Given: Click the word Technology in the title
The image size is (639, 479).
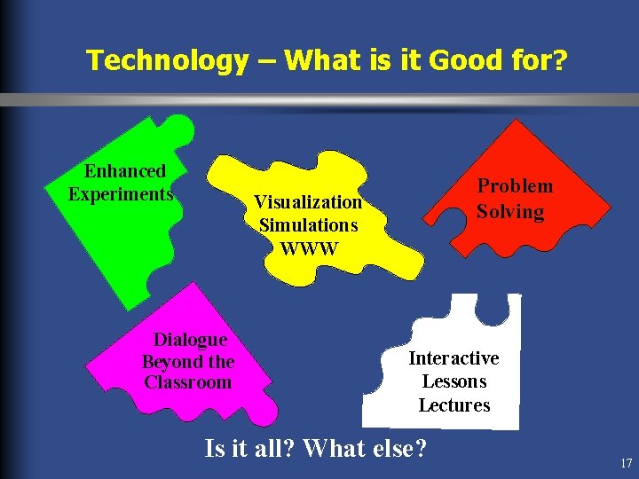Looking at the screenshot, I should [167, 60].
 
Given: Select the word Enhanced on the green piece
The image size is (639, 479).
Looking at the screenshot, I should [125, 171].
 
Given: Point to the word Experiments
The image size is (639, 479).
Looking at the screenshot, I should [121, 193].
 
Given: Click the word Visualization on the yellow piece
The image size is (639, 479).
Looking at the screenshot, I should [308, 202].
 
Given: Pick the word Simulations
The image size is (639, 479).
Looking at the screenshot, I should [308, 225].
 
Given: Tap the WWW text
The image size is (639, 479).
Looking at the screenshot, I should [309, 247].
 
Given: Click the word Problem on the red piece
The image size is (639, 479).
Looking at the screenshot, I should [516, 186].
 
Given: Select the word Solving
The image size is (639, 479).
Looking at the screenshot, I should [510, 212].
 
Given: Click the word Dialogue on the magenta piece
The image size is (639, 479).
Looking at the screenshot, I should [190, 340].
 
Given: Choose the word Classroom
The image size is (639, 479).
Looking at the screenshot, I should [188, 382].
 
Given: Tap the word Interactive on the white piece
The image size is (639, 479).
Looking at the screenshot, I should [454, 358].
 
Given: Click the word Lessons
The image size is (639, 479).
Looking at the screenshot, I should [454, 381].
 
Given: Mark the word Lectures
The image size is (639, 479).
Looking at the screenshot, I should [454, 405].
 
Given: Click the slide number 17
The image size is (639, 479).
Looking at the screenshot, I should [627, 463].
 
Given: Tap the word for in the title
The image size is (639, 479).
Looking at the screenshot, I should [532, 60].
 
